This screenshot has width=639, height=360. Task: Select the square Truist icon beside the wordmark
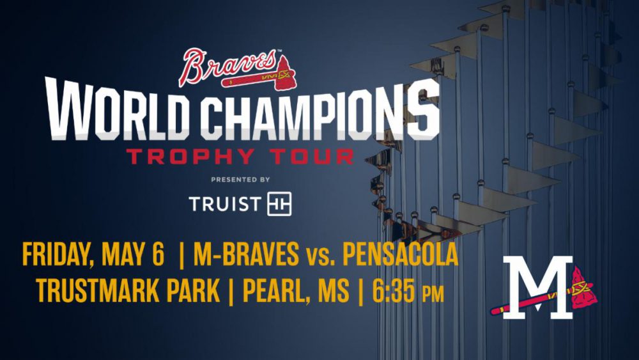click(x=279, y=204)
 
